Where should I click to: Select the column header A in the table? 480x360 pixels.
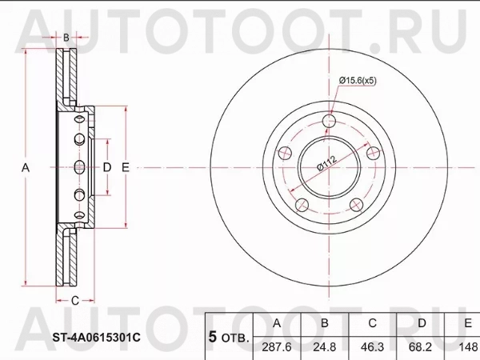(277, 322)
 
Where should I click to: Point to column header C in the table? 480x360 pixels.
(371, 322)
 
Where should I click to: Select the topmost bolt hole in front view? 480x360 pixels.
(330, 121)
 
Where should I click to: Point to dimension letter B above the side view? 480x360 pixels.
(66, 38)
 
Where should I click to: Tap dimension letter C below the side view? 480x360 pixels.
(74, 301)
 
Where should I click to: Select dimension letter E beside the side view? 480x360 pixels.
(126, 168)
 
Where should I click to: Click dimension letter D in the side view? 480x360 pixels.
(106, 168)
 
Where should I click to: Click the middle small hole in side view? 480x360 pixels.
(78, 168)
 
